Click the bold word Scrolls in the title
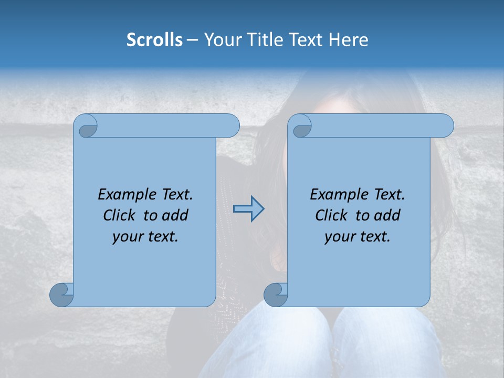[x=154, y=40]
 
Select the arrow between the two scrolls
[x=249, y=209]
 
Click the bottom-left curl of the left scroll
[x=62, y=294]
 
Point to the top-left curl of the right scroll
[x=301, y=126]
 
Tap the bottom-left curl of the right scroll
[x=276, y=294]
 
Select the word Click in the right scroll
[x=331, y=215]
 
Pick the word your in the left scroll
[x=128, y=237]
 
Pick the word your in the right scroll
[x=340, y=237]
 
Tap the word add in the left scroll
[x=175, y=215]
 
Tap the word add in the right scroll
[x=387, y=215]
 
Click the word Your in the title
[x=220, y=40]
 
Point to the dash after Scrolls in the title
[x=192, y=40]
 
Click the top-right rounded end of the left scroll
[x=232, y=126]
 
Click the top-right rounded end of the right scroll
[x=446, y=126]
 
